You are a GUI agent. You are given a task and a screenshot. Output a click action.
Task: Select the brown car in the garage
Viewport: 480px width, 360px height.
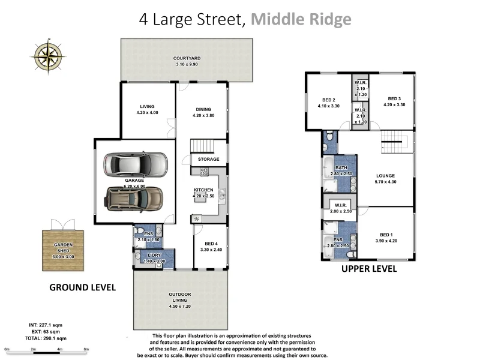(x=134, y=199)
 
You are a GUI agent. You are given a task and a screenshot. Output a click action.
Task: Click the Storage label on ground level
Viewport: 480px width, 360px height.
(x=208, y=159)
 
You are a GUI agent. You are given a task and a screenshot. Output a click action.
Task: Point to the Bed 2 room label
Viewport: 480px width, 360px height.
(x=328, y=100)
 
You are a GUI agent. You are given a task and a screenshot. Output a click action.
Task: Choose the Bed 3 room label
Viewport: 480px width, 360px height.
(x=394, y=99)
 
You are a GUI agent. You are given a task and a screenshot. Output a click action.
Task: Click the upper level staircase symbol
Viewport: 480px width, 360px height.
(x=395, y=145)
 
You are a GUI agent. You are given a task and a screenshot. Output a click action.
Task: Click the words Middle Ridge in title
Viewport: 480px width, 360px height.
(x=301, y=19)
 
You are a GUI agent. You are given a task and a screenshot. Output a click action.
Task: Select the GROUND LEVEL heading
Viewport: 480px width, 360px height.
(x=82, y=287)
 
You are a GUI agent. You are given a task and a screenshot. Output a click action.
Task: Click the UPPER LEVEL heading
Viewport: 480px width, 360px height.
(x=369, y=269)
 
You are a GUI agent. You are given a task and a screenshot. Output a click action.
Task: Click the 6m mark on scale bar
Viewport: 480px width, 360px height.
(x=86, y=349)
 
